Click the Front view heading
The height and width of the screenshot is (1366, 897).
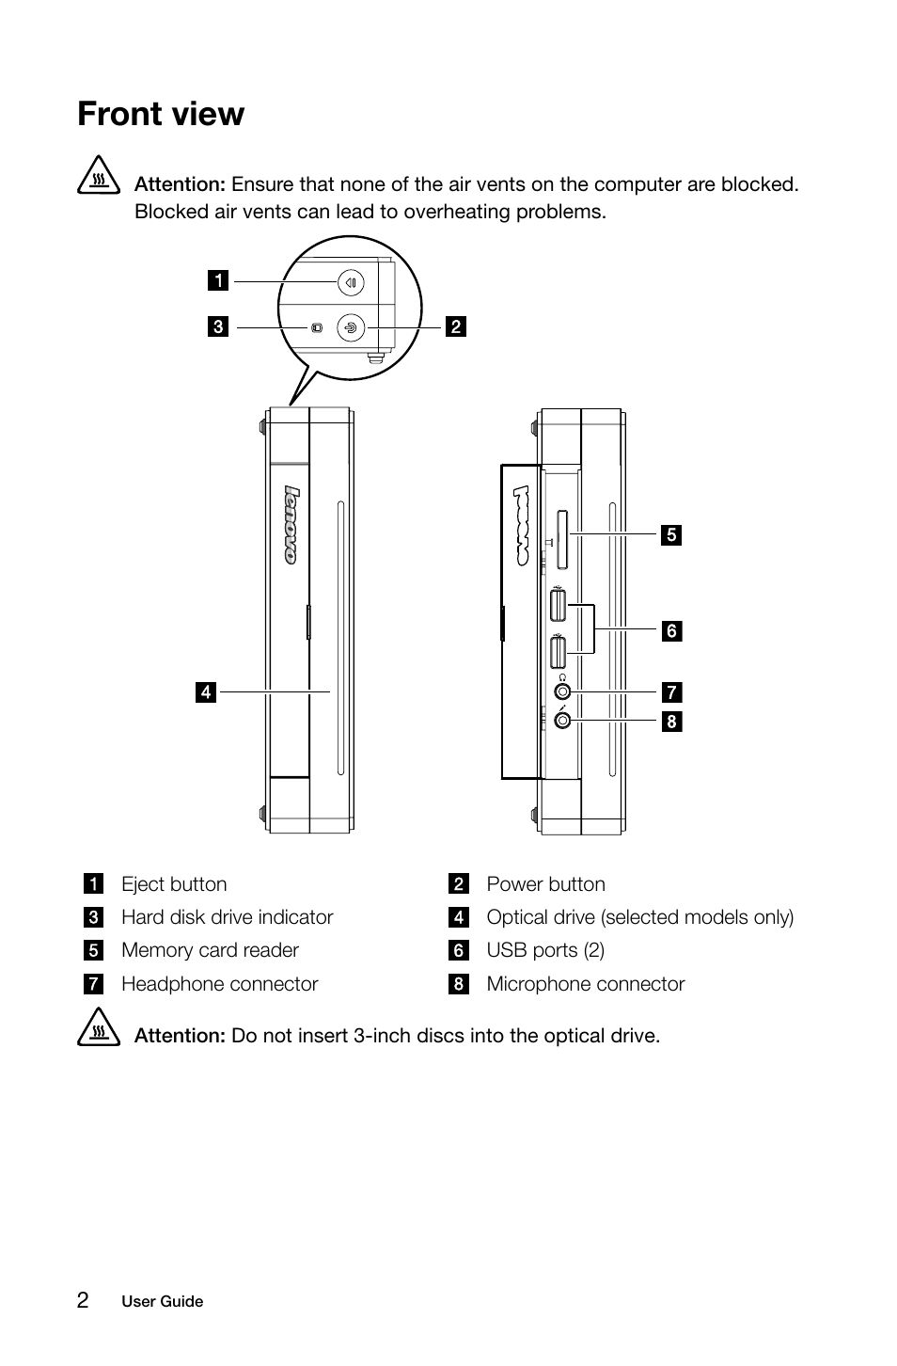pyautogui.click(x=161, y=114)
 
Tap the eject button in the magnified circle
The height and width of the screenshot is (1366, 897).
pyautogui.click(x=350, y=281)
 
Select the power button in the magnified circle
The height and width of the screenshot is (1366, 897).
pyautogui.click(x=350, y=327)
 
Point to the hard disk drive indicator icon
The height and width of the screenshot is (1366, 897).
pyautogui.click(x=317, y=327)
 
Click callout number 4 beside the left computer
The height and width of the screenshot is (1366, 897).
pyautogui.click(x=206, y=692)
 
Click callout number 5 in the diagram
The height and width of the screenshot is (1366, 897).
pyautogui.click(x=670, y=535)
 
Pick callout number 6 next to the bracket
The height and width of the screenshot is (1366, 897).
pyautogui.click(x=670, y=631)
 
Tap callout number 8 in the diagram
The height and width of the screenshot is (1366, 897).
pyautogui.click(x=670, y=722)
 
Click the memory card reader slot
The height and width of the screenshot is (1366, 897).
pyautogui.click(x=561, y=540)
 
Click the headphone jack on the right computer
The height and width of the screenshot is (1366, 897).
pyautogui.click(x=562, y=692)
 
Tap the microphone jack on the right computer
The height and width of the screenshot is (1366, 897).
pyautogui.click(x=562, y=721)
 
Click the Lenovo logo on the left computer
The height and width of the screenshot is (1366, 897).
pyautogui.click(x=291, y=525)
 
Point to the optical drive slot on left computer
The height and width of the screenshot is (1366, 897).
pyautogui.click(x=339, y=640)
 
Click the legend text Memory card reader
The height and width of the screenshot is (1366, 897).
pyautogui.click(x=210, y=950)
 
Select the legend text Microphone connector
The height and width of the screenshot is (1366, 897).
pyautogui.click(x=585, y=984)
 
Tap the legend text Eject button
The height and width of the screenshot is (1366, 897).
pyautogui.click(x=174, y=884)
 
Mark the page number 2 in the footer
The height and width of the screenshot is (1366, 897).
pyautogui.click(x=84, y=1300)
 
